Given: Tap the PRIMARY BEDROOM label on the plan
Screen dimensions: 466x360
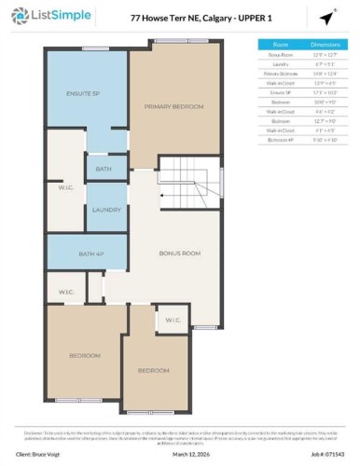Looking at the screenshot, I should click(173, 107).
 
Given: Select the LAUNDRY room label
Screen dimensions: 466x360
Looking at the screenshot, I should click(105, 210).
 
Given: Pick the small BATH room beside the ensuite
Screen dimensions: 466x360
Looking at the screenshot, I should click(105, 169).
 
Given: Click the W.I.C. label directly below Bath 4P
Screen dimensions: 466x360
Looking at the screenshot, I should click(66, 292).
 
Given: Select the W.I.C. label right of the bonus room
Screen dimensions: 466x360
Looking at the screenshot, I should click(173, 322).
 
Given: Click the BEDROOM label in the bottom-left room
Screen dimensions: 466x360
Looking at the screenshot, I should click(84, 355).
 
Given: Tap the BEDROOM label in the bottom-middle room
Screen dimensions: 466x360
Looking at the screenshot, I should click(153, 370).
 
